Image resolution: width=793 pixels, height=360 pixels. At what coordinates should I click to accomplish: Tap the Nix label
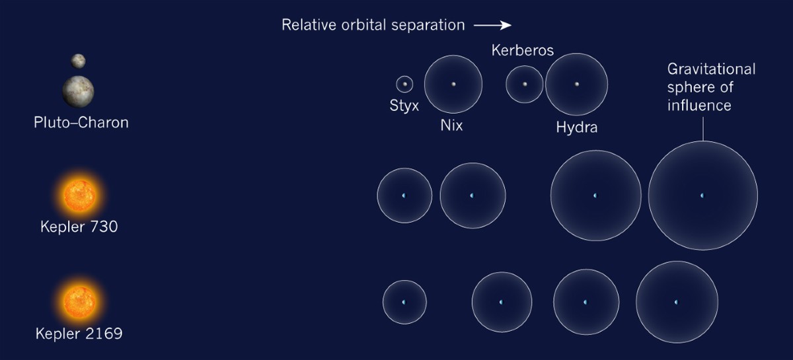451,126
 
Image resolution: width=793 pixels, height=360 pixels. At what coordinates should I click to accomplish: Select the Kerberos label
522,50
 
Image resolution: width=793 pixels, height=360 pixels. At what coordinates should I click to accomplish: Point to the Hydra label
576,127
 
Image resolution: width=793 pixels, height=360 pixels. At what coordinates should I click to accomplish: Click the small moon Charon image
79,61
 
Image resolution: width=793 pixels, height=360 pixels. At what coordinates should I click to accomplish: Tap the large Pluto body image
79,90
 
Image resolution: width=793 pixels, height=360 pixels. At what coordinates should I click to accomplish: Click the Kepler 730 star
79,196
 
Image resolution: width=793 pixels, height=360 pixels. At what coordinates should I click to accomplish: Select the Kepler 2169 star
79,301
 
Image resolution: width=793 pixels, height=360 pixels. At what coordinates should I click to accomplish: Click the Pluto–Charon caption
81,123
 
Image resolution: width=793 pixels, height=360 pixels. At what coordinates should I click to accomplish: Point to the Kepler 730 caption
79,227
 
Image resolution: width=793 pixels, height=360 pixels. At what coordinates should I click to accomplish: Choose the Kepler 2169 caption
79,333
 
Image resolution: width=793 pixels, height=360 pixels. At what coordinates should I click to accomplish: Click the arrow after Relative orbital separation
493,26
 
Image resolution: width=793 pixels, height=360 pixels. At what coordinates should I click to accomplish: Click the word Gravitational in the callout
711,69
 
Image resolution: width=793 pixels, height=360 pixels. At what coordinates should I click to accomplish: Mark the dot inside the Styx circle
404,84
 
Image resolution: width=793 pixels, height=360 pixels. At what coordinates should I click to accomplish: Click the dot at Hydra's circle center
576,84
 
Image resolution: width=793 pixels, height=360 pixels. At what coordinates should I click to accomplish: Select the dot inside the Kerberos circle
525,84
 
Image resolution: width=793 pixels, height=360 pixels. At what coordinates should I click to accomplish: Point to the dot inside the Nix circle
453,84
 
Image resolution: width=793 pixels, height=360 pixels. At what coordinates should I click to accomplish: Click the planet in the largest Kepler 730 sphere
702,196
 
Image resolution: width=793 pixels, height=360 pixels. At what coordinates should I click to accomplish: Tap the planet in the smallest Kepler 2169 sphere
404,302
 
